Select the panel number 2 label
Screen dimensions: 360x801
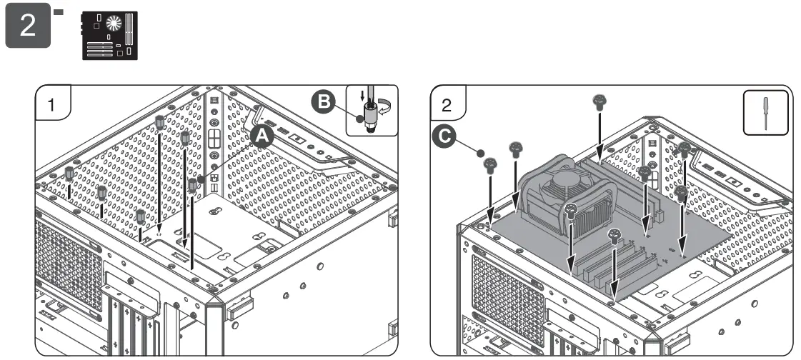pos(447,104)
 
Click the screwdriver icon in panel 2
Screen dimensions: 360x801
pos(765,112)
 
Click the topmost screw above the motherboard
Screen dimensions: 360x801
pos(599,101)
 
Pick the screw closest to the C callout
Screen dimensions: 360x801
pos(490,166)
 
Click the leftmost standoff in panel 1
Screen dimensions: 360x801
pos(69,174)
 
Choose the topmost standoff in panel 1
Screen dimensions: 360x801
pos(160,122)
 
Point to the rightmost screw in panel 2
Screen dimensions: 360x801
pos(684,150)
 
